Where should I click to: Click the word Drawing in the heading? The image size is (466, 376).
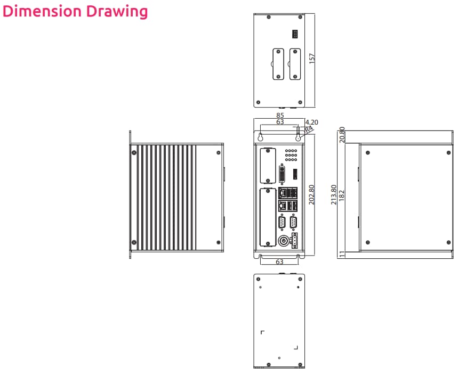tap(119, 11)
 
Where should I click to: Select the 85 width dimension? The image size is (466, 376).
tap(280, 115)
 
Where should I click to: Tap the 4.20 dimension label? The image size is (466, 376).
tap(311, 122)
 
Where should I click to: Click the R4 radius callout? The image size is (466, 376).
tap(308, 129)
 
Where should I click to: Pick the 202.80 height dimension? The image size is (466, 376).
tap(312, 195)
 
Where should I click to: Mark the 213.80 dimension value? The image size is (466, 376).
tap(334, 195)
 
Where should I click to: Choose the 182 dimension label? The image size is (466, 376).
tap(341, 195)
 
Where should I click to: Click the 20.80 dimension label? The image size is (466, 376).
tap(342, 135)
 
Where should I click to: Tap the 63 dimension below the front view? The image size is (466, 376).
tap(279, 261)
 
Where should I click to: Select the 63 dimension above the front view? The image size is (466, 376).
tap(280, 122)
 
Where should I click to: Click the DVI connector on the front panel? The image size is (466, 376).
tap(283, 174)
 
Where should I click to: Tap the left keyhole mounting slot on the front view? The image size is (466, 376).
tap(261, 136)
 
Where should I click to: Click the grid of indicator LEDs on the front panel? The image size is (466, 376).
tap(291, 155)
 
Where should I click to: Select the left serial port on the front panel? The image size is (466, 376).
tap(282, 222)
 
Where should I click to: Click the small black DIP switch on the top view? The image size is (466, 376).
tap(294, 34)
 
